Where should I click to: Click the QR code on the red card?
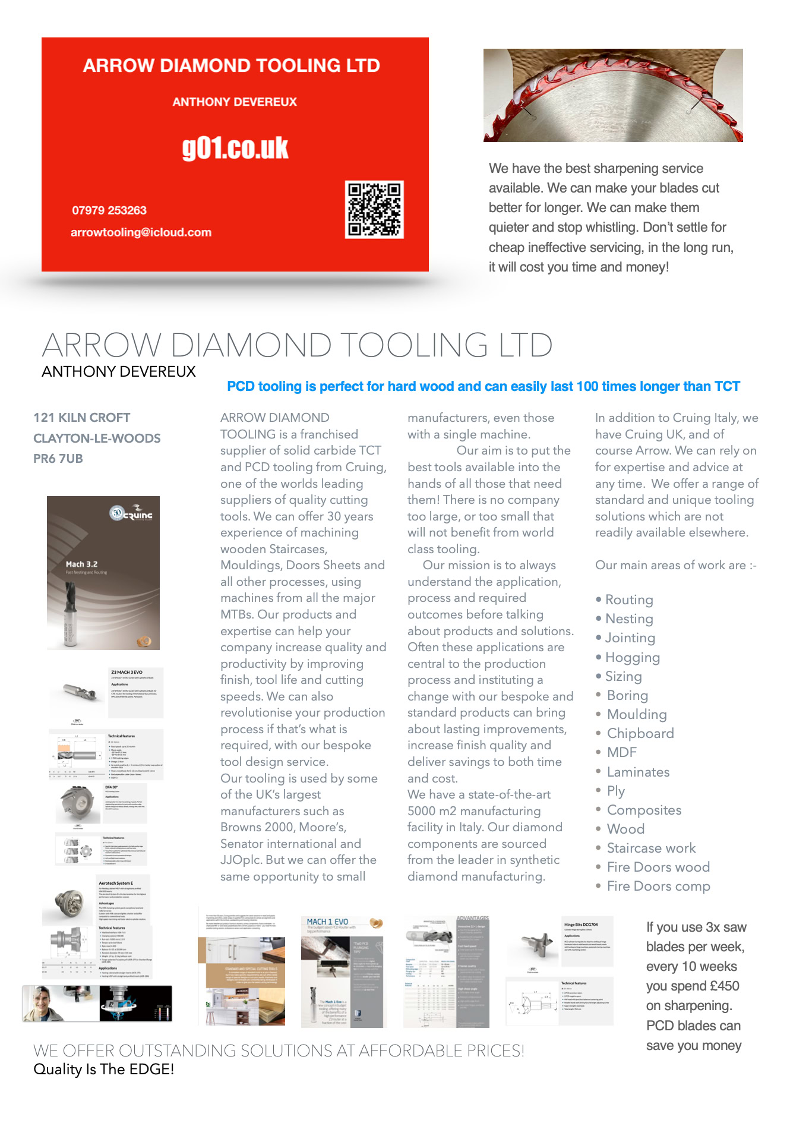coord(375,209)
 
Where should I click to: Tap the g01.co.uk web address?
coord(235,148)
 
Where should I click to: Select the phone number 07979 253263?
coord(109,210)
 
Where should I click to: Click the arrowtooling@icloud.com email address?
coord(141,232)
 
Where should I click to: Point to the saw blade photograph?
coord(613,95)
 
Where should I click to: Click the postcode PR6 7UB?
coord(58,459)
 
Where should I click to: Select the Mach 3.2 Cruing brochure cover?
coord(103,573)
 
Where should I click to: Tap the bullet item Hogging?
coord(632,657)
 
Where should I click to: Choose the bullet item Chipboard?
coord(640,733)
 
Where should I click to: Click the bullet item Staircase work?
coord(651,848)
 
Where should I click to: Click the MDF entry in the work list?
coord(621,752)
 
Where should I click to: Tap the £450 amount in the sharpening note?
coord(724,986)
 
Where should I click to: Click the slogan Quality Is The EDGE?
coord(104,1070)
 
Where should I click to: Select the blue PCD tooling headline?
coord(483,386)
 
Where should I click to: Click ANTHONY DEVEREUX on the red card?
coord(235,102)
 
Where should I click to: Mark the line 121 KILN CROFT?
coord(82,418)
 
